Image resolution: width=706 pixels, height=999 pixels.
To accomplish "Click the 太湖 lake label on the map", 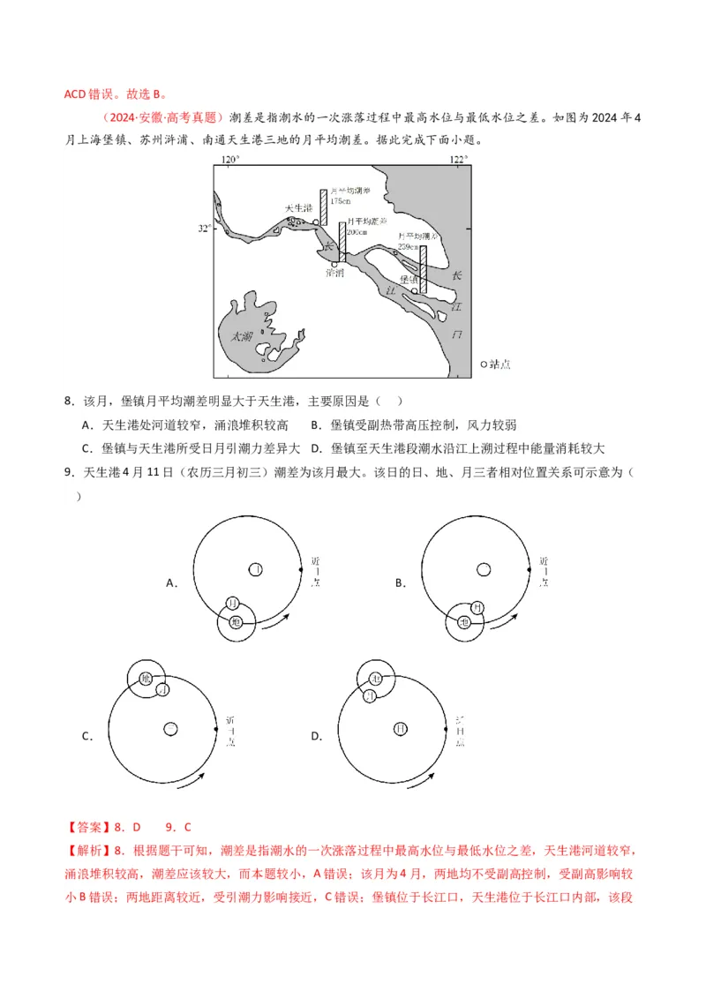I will [241, 336].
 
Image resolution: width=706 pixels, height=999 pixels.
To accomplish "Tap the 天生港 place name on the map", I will [298, 208].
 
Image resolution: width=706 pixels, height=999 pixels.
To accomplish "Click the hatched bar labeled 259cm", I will [423, 268].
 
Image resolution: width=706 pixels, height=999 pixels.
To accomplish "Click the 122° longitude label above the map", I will [457, 159].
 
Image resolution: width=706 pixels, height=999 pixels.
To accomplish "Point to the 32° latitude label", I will [203, 229].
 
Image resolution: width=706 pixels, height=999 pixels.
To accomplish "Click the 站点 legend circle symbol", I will [484, 364].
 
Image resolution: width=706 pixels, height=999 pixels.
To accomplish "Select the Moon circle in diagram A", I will [233, 604].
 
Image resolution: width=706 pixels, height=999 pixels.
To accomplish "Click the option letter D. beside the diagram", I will [317, 736].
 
